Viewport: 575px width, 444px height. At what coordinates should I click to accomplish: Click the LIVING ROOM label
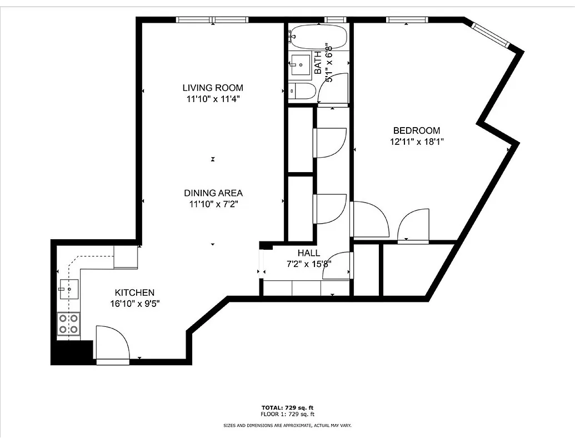(213, 88)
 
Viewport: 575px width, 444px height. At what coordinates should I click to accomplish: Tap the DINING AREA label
(213, 193)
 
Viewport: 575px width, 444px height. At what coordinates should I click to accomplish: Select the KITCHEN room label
(134, 292)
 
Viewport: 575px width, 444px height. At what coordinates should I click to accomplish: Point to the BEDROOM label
(416, 130)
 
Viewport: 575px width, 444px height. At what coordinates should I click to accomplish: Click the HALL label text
(308, 253)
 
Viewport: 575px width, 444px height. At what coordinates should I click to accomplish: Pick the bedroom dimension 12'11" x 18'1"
(416, 142)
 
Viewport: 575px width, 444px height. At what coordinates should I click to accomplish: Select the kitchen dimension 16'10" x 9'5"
(134, 303)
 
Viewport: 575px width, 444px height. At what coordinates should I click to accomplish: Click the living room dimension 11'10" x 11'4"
(213, 99)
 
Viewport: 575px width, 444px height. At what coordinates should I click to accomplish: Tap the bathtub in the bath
(318, 37)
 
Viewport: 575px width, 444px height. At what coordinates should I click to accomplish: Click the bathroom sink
(301, 64)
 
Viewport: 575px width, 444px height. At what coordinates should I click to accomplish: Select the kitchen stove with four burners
(69, 324)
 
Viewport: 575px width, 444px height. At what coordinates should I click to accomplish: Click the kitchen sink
(69, 289)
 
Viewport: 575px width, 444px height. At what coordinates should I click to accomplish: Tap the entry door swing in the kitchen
(113, 344)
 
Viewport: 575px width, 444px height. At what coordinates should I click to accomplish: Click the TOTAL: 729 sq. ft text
(287, 408)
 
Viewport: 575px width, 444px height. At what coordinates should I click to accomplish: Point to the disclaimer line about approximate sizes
(287, 426)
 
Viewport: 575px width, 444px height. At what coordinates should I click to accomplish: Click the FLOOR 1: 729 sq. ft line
(287, 414)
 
